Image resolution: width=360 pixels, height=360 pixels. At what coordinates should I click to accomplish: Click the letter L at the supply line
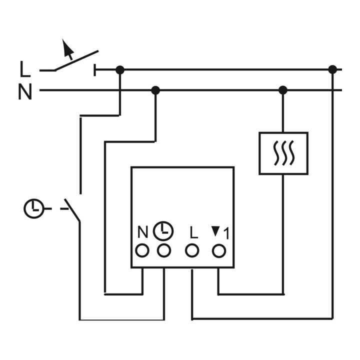[25, 69]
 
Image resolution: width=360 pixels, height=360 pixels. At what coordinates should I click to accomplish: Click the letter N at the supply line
[25, 91]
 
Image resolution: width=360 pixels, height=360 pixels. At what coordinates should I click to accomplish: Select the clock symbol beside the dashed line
[34, 208]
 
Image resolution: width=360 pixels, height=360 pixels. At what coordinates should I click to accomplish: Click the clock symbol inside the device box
[163, 231]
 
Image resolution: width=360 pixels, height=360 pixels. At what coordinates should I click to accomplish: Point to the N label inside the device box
[142, 232]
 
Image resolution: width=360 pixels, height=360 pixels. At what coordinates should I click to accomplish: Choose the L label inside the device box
[194, 232]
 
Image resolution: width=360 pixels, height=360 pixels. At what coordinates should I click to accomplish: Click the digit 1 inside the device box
[226, 233]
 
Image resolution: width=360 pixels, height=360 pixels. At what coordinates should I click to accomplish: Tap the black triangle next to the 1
[215, 231]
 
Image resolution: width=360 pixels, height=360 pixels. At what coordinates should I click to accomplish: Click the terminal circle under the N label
[142, 250]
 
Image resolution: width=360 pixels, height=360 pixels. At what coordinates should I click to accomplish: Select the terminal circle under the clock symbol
[164, 250]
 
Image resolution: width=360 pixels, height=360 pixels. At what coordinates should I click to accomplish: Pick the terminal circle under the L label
[192, 250]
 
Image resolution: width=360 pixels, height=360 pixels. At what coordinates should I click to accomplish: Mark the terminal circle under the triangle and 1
[219, 251]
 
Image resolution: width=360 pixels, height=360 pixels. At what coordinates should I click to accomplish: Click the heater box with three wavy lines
[283, 153]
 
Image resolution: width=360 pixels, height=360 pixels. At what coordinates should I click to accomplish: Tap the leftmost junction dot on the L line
[120, 70]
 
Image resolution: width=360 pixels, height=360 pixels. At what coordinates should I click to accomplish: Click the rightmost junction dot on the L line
[332, 69]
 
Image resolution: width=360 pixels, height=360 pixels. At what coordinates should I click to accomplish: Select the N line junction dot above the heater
[283, 90]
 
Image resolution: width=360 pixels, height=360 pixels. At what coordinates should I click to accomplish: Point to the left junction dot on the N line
[155, 90]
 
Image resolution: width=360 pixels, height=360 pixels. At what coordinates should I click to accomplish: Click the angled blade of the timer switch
[72, 210]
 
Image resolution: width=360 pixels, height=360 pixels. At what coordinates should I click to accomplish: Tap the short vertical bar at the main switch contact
[94, 70]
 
